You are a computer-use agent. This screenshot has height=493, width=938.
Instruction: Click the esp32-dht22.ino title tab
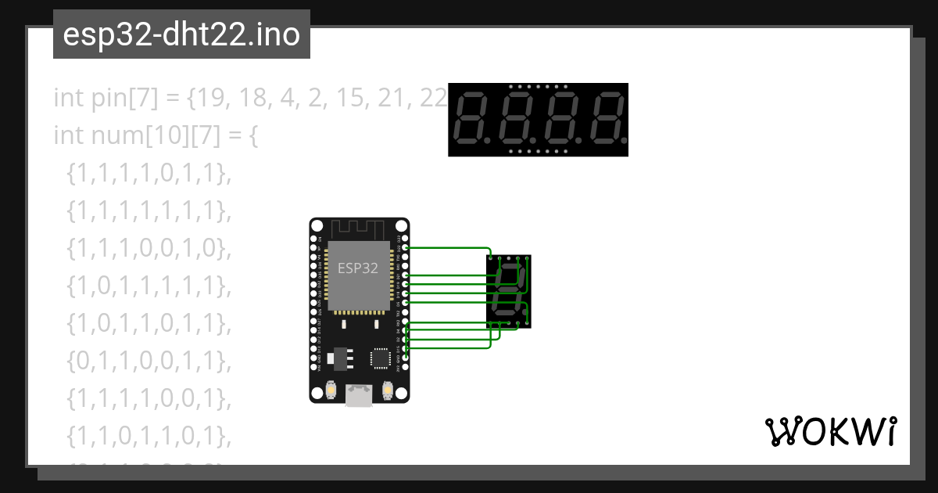(181, 34)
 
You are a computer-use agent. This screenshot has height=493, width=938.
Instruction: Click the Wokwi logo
(830, 431)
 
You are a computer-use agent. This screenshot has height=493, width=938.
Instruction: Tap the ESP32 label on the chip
(358, 268)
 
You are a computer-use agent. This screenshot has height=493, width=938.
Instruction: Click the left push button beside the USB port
(332, 389)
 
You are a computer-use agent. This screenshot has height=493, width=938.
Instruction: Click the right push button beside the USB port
(387, 389)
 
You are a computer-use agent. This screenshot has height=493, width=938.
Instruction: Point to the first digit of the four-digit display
(471, 119)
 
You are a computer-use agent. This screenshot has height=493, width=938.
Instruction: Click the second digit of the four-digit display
(516, 119)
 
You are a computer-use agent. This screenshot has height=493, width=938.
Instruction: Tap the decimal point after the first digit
(489, 142)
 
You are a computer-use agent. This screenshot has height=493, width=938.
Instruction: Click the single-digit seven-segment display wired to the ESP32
(509, 290)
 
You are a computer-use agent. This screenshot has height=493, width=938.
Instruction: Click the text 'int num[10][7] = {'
(155, 135)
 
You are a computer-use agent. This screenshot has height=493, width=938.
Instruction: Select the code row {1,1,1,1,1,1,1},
(149, 211)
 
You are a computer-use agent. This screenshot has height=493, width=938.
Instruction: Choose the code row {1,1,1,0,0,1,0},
(149, 248)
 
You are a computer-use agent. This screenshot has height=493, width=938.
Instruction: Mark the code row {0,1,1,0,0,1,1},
(149, 361)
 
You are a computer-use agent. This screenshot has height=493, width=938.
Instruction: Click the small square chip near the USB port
(381, 357)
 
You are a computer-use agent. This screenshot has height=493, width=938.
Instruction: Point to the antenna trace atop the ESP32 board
(358, 229)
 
